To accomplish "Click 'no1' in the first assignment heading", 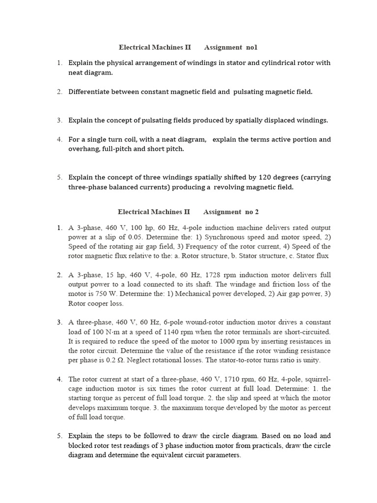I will [250, 48].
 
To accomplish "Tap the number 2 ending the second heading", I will [256, 212].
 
